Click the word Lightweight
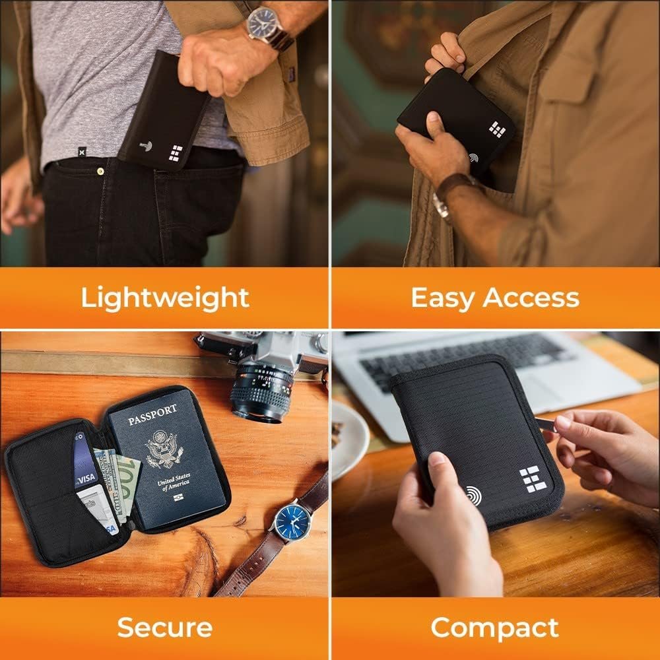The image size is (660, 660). tap(165, 298)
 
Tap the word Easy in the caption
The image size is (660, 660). tap(441, 298)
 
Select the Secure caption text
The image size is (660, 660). tap(165, 627)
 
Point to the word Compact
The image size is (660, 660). tap(494, 627)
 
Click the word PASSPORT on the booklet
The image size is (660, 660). tap(153, 418)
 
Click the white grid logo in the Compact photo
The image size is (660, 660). tap(532, 478)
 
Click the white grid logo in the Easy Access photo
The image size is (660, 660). tap(498, 129)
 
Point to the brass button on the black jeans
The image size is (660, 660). tap(100, 171)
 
